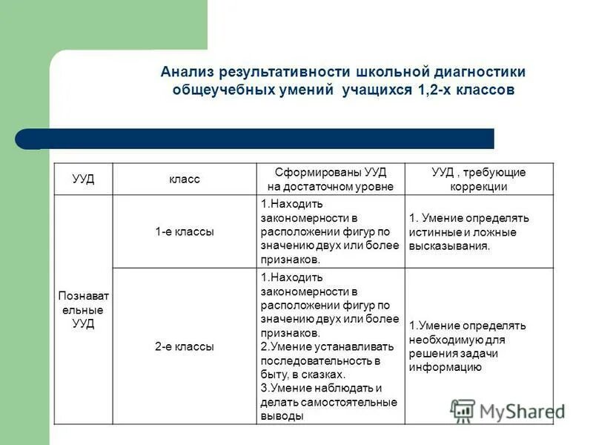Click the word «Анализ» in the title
pos(186,72)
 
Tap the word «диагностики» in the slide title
pos(478,72)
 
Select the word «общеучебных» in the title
pos(216,90)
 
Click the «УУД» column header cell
pos(83,179)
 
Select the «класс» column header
pos(184,179)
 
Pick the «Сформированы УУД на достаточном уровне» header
pos(330,179)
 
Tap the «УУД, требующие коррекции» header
pos(479,179)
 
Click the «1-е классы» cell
pos(184,231)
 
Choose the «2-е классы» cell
pos(184,346)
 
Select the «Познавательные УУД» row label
pos(83,309)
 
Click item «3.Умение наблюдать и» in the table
pos(321,388)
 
